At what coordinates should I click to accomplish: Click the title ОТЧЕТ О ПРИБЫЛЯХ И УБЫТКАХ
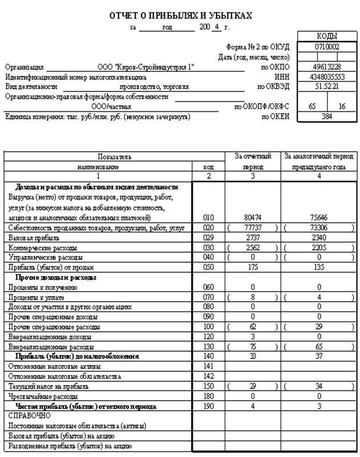[180, 15]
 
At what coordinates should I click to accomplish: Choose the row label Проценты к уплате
[37, 297]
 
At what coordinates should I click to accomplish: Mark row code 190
[209, 406]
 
